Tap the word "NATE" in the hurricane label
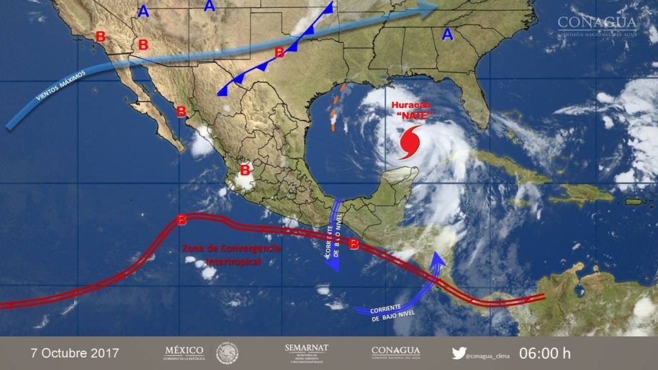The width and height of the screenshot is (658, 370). pyautogui.click(x=413, y=116)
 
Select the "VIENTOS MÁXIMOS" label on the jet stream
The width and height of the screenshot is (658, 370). pyautogui.click(x=60, y=85)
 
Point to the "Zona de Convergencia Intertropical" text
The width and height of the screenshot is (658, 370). pyautogui.click(x=231, y=255)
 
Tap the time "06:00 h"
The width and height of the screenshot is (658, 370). pyautogui.click(x=545, y=353)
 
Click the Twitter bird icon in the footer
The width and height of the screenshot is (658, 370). pyautogui.click(x=458, y=353)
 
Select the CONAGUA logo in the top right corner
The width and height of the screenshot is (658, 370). pyautogui.click(x=598, y=26)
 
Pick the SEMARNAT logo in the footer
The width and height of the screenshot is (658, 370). pyautogui.click(x=306, y=353)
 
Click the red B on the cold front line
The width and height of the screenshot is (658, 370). pyautogui.click(x=280, y=52)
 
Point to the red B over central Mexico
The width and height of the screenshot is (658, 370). pyautogui.click(x=245, y=170)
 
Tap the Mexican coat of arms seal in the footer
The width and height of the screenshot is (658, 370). pyautogui.click(x=227, y=353)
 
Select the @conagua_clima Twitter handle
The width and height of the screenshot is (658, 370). pyautogui.click(x=490, y=353)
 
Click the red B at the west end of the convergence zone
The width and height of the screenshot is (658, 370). pyautogui.click(x=182, y=220)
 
